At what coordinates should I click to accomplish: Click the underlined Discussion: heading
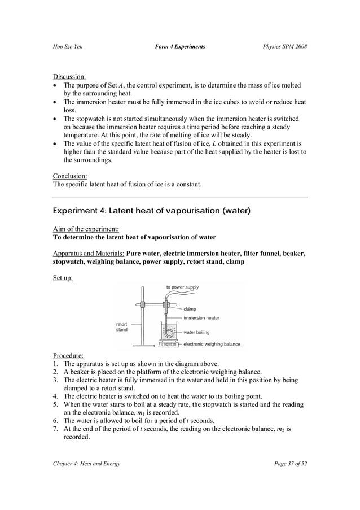click(69, 76)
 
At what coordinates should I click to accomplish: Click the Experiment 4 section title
click(151, 211)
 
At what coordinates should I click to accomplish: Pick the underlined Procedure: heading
click(68, 355)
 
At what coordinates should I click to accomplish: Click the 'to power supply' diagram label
click(182, 287)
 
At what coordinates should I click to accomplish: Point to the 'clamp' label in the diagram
click(191, 309)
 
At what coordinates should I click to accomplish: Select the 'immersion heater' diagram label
click(202, 318)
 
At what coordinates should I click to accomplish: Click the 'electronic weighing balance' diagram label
click(212, 343)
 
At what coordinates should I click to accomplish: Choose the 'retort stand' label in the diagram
click(122, 327)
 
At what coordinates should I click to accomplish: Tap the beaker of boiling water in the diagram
click(168, 332)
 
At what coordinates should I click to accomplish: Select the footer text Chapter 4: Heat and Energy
click(86, 464)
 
